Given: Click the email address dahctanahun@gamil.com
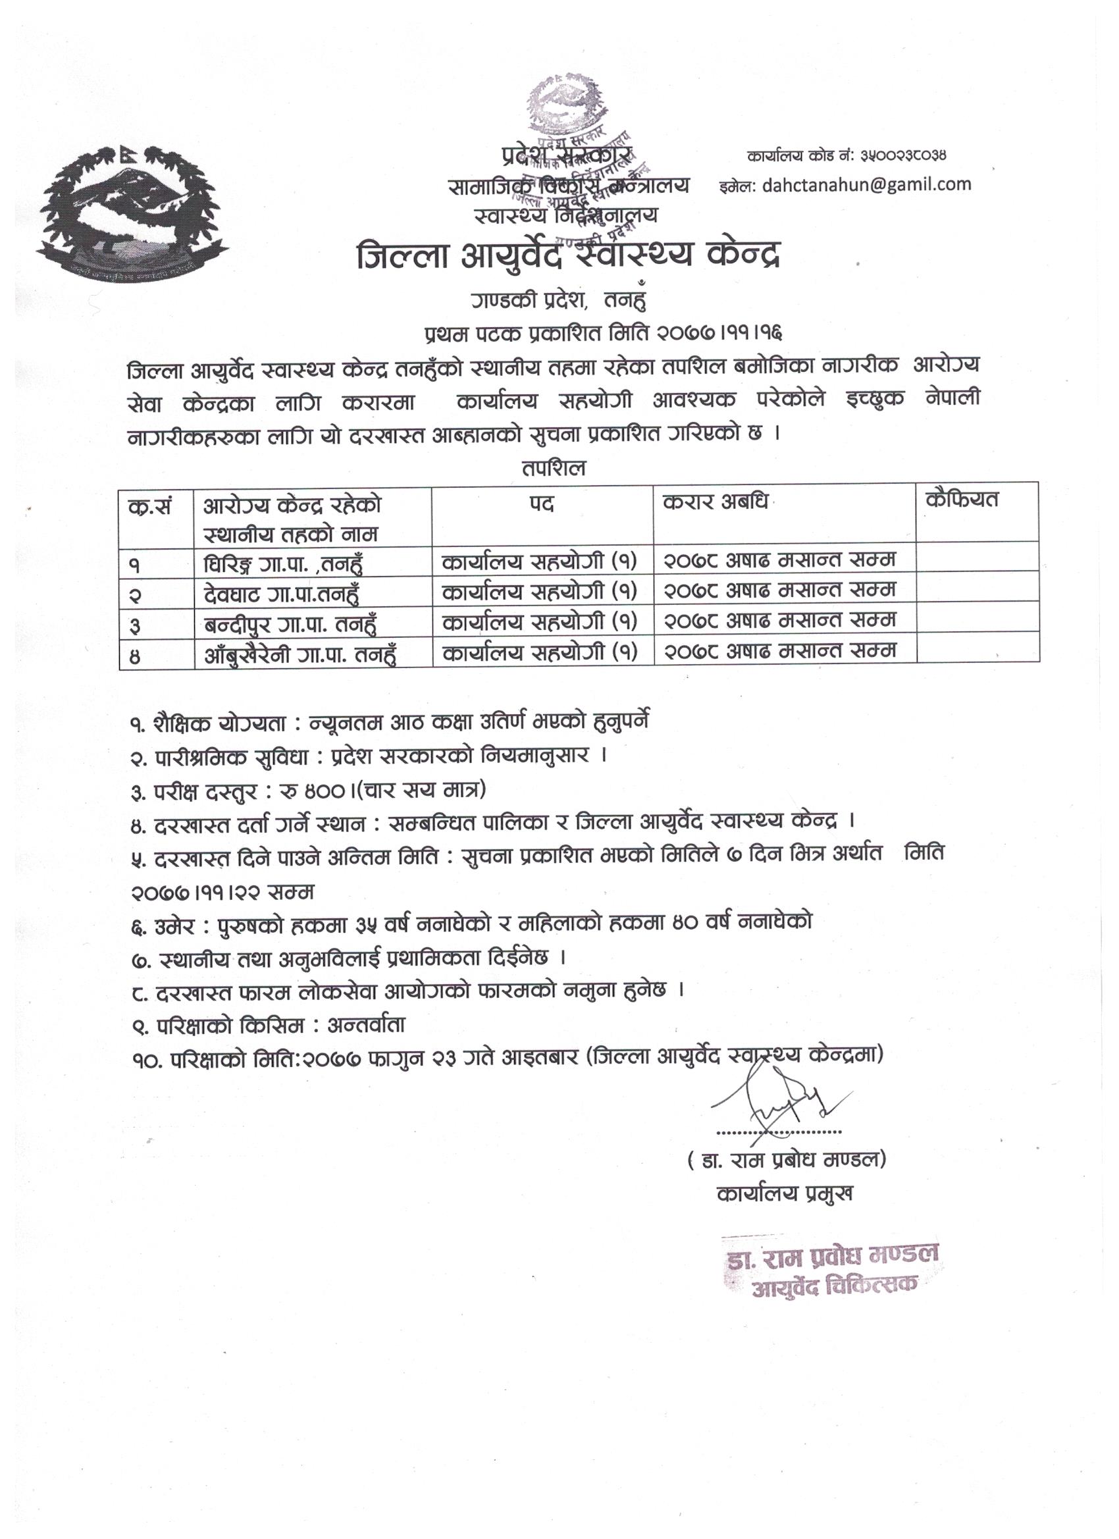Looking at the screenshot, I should [x=866, y=184].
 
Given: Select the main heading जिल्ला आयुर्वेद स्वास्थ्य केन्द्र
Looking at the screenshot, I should [x=569, y=258].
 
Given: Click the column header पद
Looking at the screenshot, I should [x=542, y=504].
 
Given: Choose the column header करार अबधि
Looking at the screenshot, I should [x=716, y=504].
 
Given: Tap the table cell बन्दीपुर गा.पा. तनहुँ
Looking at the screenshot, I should [x=290, y=623].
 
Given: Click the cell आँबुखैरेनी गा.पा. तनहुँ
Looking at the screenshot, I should [x=300, y=654].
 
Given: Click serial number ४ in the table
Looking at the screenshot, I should [x=136, y=656].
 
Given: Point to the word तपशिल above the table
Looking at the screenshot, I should [x=554, y=468].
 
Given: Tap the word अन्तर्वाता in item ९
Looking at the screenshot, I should [x=367, y=1024].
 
